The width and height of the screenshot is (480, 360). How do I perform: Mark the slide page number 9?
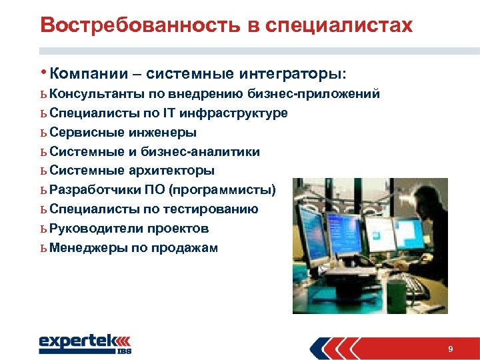click(451, 349)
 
